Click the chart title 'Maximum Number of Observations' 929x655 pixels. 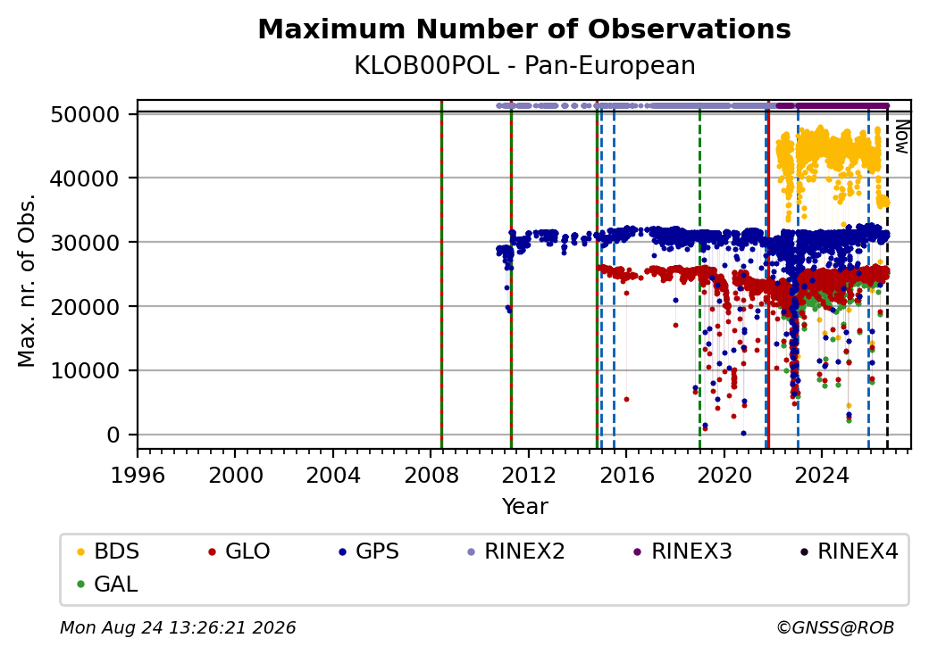[524, 29]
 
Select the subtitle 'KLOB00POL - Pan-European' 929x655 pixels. [524, 65]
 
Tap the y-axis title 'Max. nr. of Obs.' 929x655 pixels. [26, 280]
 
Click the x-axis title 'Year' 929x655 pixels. [525, 507]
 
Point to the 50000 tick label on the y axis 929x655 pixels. [86, 114]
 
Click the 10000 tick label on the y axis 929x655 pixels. [86, 371]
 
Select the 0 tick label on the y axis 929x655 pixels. [113, 435]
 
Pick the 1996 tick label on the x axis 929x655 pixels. [138, 475]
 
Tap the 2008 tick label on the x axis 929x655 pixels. [431, 475]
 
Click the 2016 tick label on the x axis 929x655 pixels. [627, 475]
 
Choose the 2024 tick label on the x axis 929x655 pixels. [823, 475]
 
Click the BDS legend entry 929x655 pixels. [108, 551]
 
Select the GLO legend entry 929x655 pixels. [239, 551]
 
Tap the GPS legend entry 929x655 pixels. [369, 551]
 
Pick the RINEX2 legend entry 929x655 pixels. [515, 551]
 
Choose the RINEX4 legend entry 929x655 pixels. [849, 551]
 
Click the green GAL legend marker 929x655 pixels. [81, 585]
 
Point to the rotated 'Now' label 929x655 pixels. [901, 137]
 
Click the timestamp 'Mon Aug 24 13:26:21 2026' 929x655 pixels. [178, 627]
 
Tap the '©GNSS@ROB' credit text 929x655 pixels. [835, 627]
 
